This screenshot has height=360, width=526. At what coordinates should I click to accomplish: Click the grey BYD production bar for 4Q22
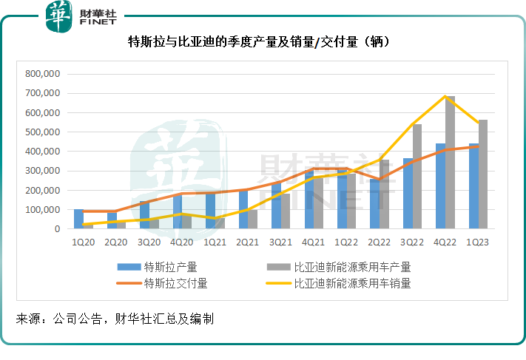click(x=450, y=163)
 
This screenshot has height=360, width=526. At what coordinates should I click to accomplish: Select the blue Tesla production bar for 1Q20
click(x=78, y=220)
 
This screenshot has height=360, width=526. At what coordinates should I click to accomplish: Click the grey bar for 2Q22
click(x=384, y=194)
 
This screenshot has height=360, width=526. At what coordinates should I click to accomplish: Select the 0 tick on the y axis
click(x=55, y=229)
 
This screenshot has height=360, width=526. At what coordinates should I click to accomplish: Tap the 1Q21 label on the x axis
click(x=215, y=242)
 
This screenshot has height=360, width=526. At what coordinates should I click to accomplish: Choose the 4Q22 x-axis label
click(x=445, y=242)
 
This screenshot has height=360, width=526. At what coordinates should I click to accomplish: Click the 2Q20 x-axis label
click(x=116, y=242)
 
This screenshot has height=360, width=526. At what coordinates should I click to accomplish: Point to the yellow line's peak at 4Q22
click(x=445, y=96)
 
